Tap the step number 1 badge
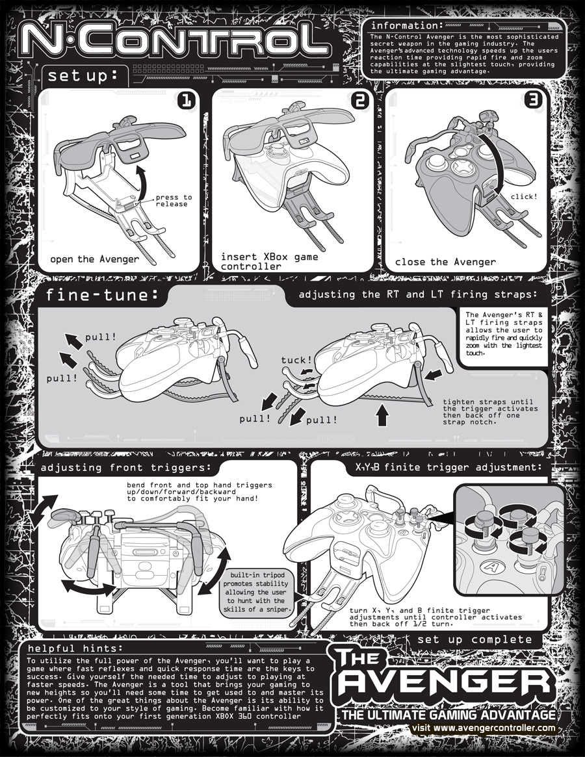(x=186, y=101)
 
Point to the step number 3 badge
(x=533, y=100)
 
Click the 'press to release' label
(x=174, y=200)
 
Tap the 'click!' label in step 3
(x=524, y=196)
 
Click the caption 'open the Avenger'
(x=94, y=259)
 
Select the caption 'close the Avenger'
(x=445, y=262)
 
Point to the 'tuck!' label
(x=296, y=360)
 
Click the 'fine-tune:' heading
(x=102, y=295)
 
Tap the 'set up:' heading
(x=83, y=76)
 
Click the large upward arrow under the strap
(x=382, y=415)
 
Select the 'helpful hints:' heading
(x=75, y=648)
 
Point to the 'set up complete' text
(x=474, y=639)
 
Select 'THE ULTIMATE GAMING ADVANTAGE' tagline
(x=448, y=715)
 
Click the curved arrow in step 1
(x=142, y=181)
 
